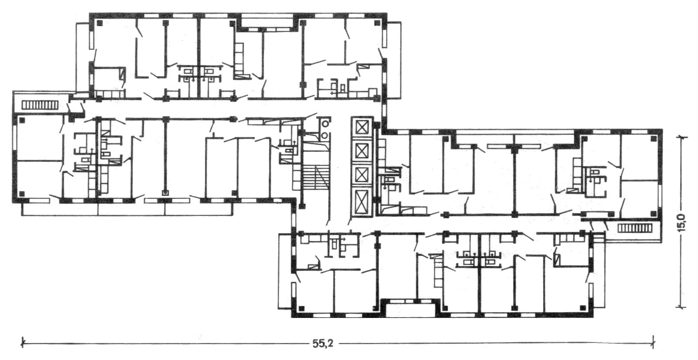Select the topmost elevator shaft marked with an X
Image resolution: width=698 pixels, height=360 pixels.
coord(361,128)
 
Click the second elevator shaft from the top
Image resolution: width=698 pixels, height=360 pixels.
coord(361,151)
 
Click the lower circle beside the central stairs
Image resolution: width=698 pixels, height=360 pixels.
coord(325,135)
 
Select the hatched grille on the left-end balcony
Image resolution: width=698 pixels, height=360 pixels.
coord(40,105)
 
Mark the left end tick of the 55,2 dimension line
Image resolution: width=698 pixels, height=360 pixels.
coord(22,343)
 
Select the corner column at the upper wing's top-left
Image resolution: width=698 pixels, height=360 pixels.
coord(99,22)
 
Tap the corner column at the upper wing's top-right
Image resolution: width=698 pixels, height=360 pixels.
coord(377,22)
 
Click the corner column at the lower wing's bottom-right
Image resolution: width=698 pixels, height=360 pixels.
coord(582,308)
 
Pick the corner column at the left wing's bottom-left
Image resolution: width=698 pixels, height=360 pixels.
coord(21,193)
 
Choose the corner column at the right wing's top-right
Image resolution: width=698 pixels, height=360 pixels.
coord(653,139)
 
